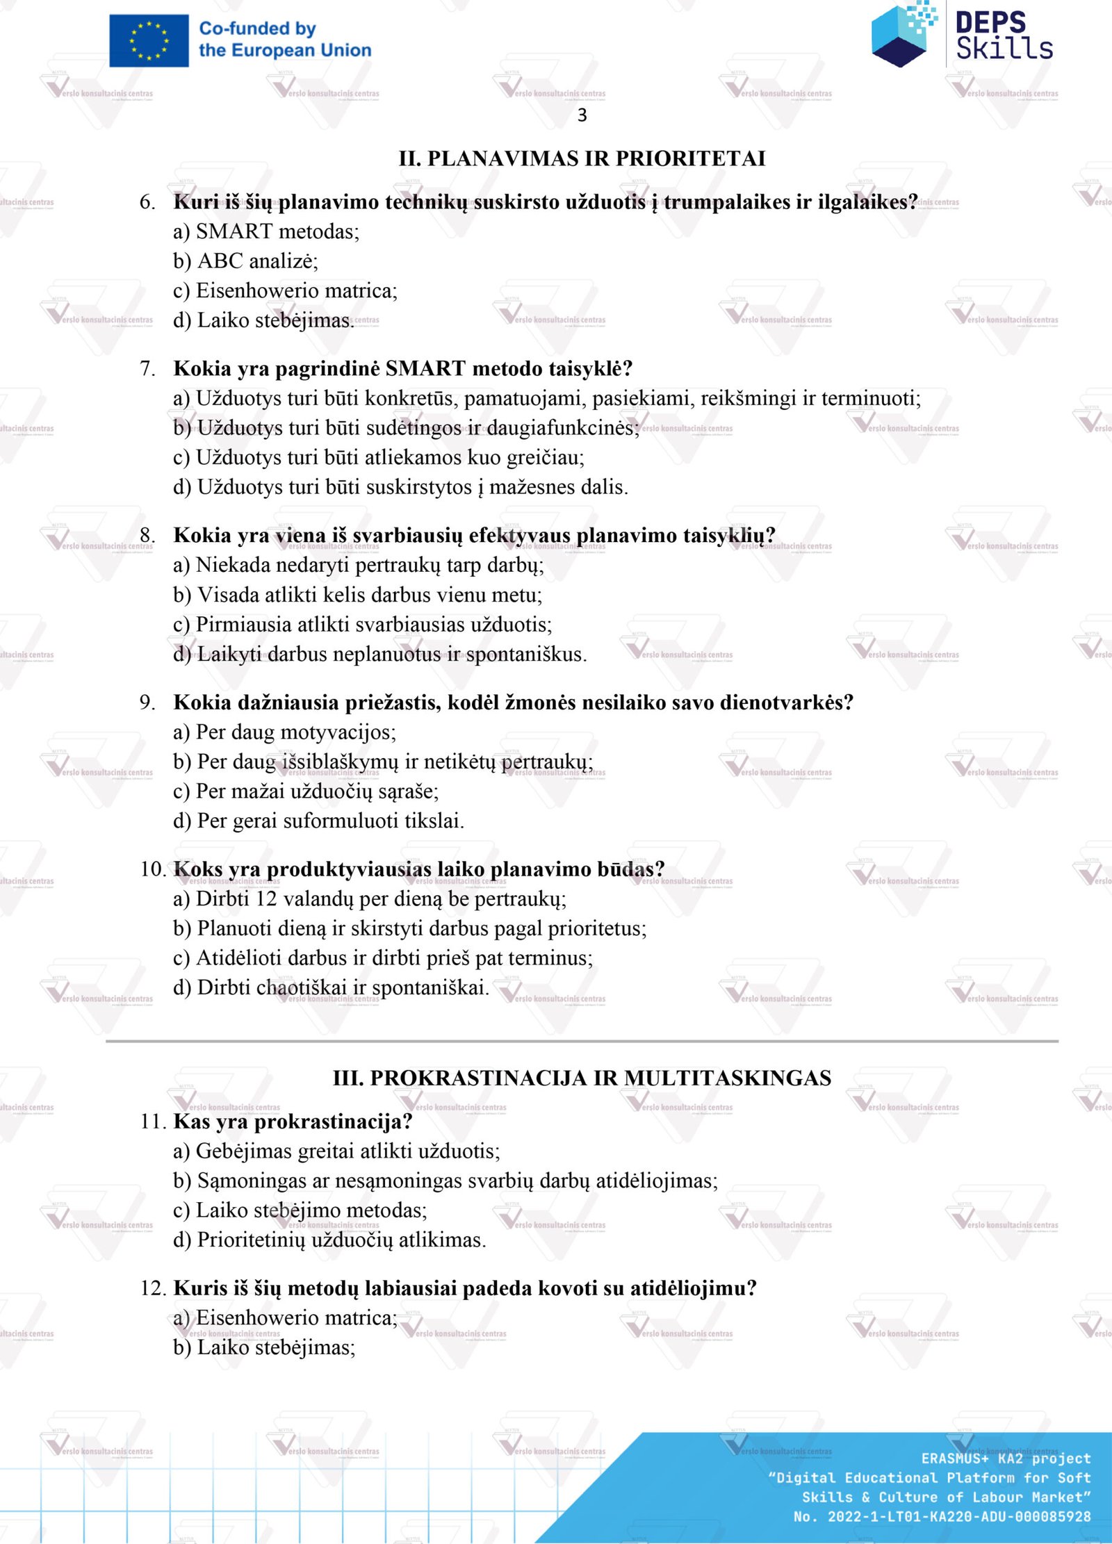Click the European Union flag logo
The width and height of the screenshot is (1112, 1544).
point(149,41)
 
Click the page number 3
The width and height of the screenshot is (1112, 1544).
point(582,115)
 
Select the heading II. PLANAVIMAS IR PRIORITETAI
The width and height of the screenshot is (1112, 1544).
point(582,158)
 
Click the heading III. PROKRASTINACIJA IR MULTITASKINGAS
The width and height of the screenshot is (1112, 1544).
point(582,1078)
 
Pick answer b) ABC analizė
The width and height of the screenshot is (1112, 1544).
point(245,261)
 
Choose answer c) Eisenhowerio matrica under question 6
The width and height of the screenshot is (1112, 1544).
point(285,290)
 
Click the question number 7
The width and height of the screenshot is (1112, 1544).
point(147,369)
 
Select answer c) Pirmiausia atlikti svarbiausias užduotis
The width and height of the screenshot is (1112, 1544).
point(362,625)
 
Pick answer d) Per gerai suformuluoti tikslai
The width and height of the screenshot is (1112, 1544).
point(318,821)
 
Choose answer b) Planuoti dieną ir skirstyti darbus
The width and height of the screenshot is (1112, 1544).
point(409,929)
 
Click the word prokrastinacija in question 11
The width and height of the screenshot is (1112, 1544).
point(327,1122)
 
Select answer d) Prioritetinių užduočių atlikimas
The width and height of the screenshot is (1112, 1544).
point(329,1240)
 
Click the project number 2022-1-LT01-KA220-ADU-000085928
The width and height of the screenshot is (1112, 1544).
point(958,1516)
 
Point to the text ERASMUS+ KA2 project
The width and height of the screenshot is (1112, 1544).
point(1006,1459)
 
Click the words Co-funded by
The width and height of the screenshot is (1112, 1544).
point(257,29)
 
